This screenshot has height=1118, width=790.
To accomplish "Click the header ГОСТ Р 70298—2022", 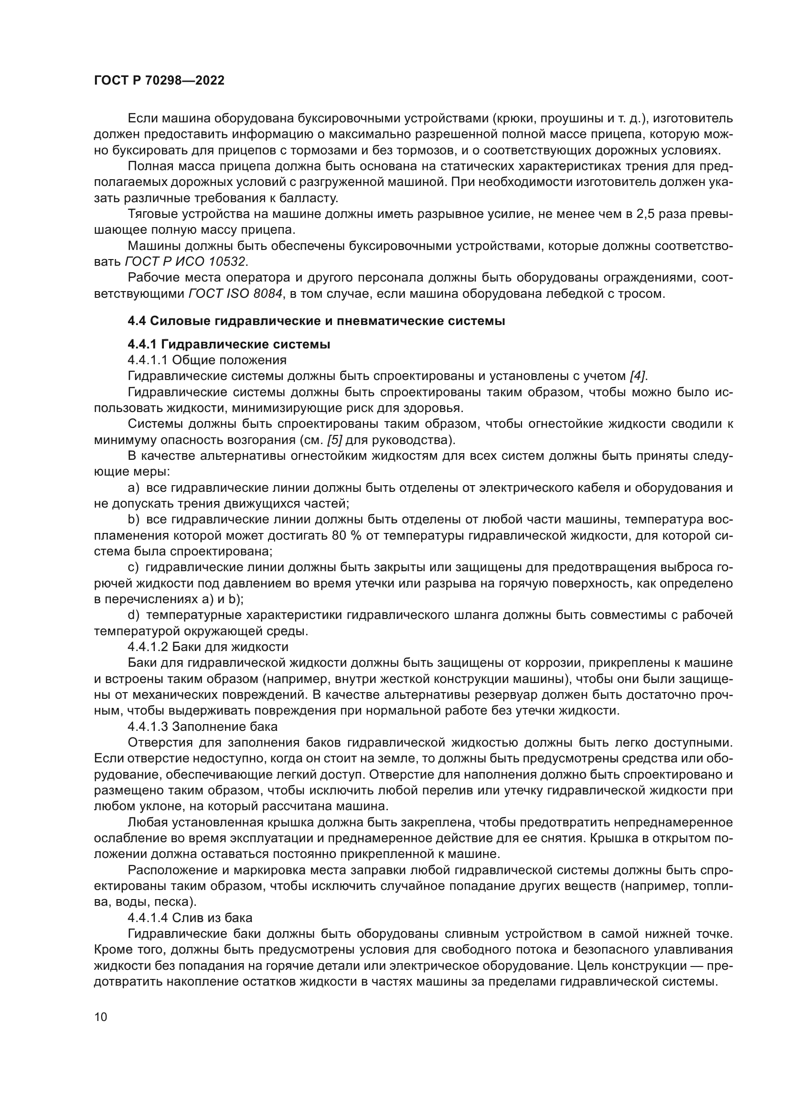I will pos(159,81).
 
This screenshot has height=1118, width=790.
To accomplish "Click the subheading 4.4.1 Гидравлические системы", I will pos(229,344).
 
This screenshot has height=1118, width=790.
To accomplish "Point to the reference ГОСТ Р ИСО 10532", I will pos(185,261).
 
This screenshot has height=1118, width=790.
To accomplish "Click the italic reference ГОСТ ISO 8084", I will pos(235,293).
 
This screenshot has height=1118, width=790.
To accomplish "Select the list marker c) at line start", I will pos(133,567).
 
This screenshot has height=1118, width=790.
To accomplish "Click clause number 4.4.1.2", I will pos(148,647).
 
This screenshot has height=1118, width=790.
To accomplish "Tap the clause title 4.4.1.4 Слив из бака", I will pos(190,918).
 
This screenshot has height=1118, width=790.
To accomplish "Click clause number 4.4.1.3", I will pos(148,727).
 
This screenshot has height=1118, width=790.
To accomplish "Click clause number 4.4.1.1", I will pos(148,360).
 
